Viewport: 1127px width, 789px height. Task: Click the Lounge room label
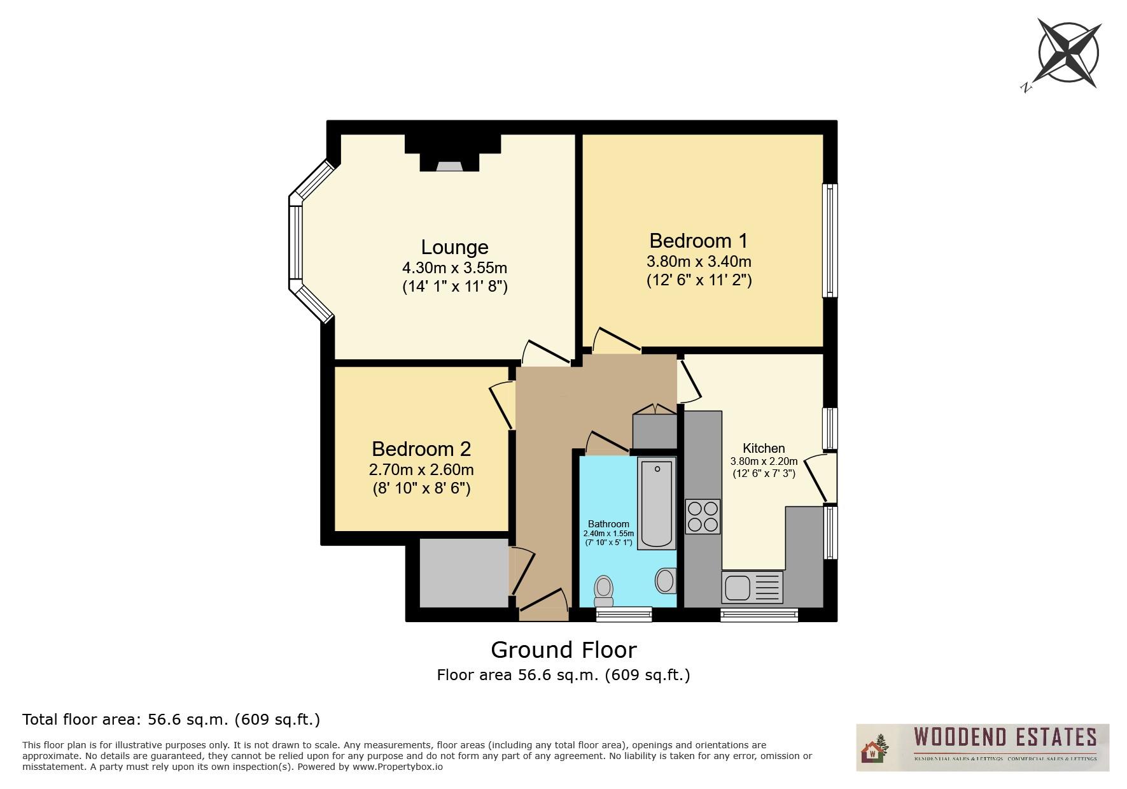[x=454, y=247]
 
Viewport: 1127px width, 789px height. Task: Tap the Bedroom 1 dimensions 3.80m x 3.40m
[x=699, y=262]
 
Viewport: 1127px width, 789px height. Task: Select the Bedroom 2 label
[x=421, y=449]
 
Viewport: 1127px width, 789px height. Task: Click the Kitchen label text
[x=764, y=448]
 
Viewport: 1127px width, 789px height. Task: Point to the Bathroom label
[x=608, y=524]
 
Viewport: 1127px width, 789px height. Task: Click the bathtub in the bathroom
[x=657, y=503]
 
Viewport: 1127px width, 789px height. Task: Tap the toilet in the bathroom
[x=603, y=591]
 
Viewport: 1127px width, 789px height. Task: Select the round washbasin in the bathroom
[x=665, y=581]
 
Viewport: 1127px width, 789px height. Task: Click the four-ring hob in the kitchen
[x=703, y=516]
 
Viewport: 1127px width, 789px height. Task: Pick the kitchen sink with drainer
[x=752, y=586]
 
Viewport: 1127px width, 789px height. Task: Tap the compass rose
[x=1067, y=53]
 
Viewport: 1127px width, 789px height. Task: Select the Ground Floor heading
[x=563, y=650]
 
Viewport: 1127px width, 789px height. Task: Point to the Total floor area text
[x=171, y=720]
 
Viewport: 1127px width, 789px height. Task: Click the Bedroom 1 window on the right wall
[x=829, y=241]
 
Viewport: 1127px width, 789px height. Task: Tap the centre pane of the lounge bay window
[x=295, y=243]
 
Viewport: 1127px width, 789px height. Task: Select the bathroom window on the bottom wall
[x=624, y=614]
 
